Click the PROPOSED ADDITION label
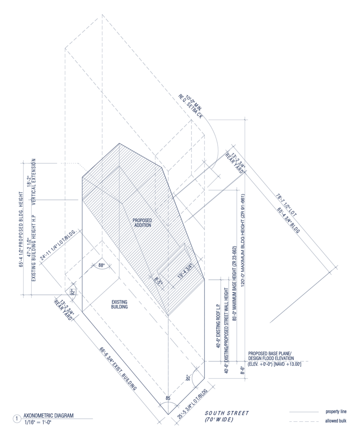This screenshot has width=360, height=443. pos(142,223)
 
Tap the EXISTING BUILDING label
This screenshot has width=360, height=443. pos(119,304)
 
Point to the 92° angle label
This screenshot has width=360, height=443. pos(72,292)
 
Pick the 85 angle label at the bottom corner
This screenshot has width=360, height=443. pos(168,397)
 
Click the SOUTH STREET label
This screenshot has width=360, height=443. pos(227,414)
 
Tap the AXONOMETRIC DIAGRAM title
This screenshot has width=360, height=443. pos(48,416)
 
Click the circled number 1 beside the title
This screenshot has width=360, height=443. pos(16,419)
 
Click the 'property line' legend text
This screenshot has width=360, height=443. pos(336,411)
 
